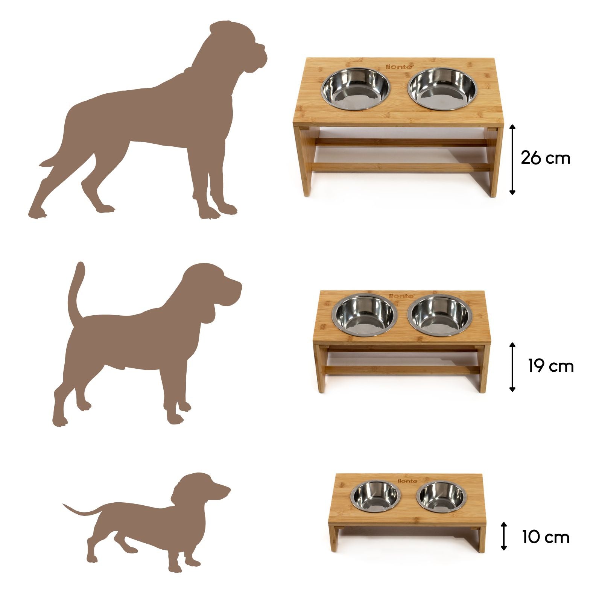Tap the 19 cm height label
pos(551,366)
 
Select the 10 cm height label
pos(546,537)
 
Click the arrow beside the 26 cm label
pos(512,160)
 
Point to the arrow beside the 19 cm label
pos(512,367)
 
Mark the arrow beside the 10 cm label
pos(504,536)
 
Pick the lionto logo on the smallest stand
pos(407,481)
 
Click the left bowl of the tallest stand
pos(355,89)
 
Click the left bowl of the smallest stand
pos(375,498)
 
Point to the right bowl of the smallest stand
pos(441,498)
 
